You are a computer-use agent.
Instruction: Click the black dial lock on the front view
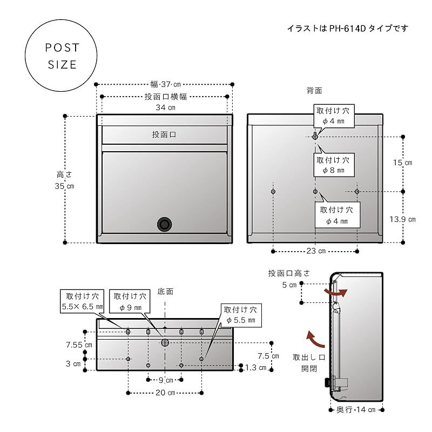pyautogui.click(x=164, y=224)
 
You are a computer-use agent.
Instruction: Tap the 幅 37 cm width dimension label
pyautogui.click(x=165, y=84)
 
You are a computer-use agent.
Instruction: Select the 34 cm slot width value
pyautogui.click(x=164, y=107)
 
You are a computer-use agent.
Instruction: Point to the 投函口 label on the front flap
pyautogui.click(x=164, y=134)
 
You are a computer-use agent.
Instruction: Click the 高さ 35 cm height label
pyautogui.click(x=65, y=180)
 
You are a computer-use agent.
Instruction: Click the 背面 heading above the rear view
pyautogui.click(x=314, y=90)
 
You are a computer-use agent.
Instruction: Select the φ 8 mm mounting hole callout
pyautogui.click(x=333, y=165)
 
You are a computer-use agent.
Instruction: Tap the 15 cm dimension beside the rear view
pyautogui.click(x=403, y=163)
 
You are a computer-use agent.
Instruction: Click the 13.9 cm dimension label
pyautogui.click(x=403, y=219)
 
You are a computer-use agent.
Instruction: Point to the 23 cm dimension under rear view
pyautogui.click(x=315, y=251)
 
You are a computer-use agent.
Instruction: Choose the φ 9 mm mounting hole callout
pyautogui.click(x=129, y=301)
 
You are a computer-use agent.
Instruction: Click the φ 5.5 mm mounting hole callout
pyautogui.click(x=241, y=315)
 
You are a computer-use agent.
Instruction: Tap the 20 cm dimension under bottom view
pyautogui.click(x=164, y=393)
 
